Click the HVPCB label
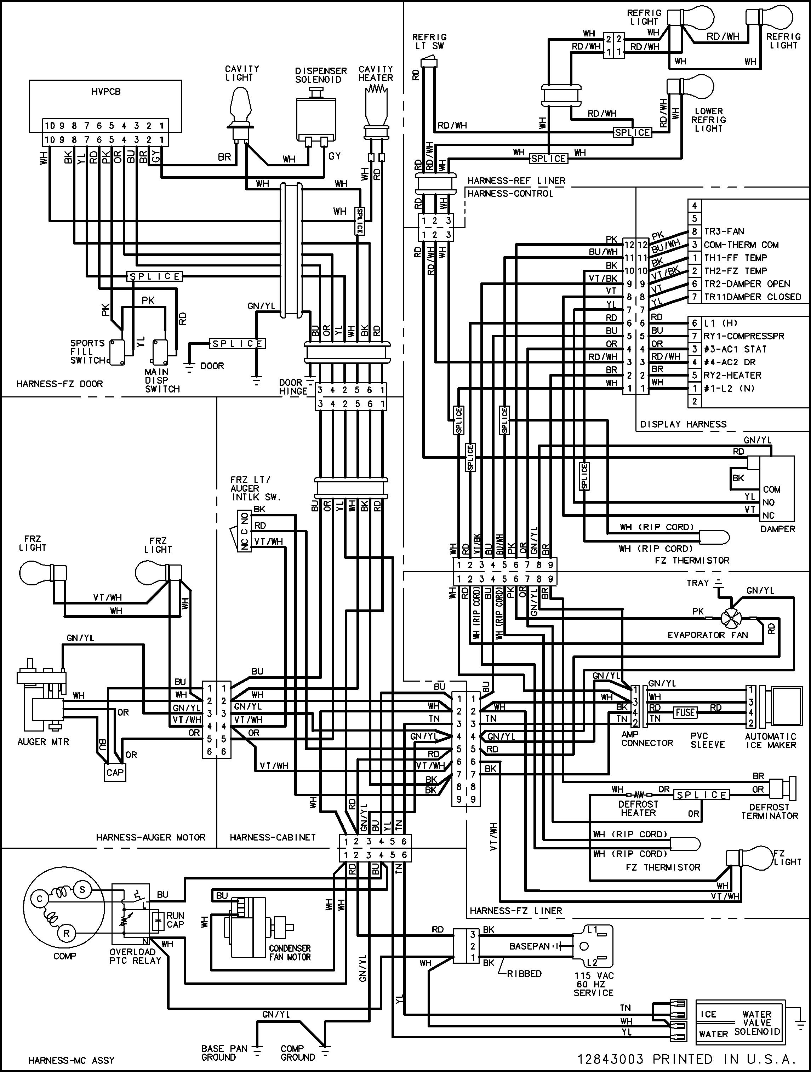pos(106,92)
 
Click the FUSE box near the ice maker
pos(685,712)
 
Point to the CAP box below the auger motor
pos(115,773)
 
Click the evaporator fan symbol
pos(731,619)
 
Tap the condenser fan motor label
pos(290,952)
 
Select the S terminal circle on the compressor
pos(82,889)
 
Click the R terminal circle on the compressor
pos(67,933)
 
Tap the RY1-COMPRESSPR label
pos(744,336)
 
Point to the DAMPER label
pos(778,529)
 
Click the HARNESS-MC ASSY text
pos(71,1060)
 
